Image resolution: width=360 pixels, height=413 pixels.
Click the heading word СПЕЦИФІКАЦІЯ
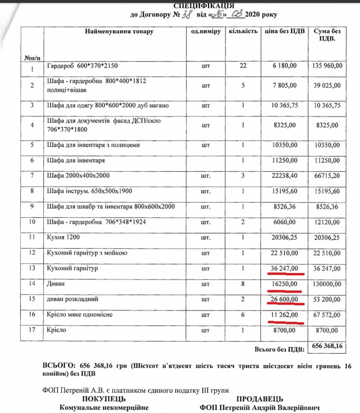[180, 5]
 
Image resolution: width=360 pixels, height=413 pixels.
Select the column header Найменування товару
[120, 31]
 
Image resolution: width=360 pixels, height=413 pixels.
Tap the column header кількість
[242, 31]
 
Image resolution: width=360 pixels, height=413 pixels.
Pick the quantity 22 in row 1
[242, 66]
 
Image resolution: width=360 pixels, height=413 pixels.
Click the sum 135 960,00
[327, 66]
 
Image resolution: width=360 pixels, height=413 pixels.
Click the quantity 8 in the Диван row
[242, 284]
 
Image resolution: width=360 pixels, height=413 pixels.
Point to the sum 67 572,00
[327, 315]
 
